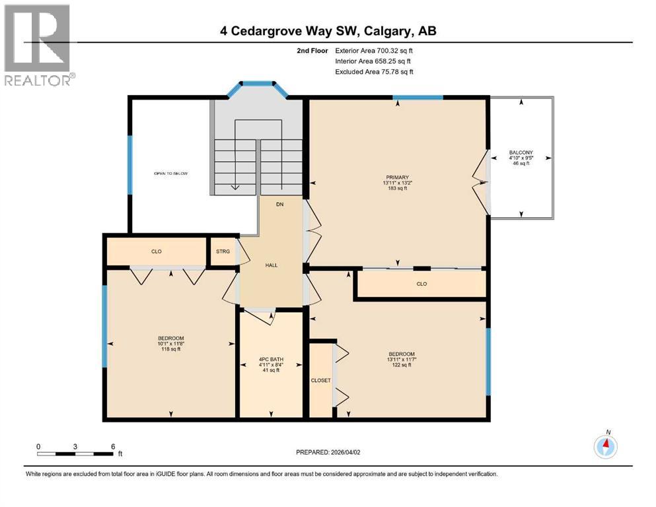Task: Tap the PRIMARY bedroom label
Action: point(398,177)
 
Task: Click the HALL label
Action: point(272,265)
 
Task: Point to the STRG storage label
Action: point(223,252)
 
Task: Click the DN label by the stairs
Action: point(280,205)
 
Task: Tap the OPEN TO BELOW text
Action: point(171,174)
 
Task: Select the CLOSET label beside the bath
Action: point(320,380)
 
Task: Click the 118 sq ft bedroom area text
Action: point(170,349)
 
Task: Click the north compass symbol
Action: point(605,446)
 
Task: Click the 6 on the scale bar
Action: point(113,446)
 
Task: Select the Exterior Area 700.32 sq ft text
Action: point(375,50)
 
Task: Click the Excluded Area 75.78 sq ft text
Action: point(375,71)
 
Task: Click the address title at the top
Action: point(328,30)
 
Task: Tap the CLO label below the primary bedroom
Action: point(421,284)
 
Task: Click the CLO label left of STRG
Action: point(157,252)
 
